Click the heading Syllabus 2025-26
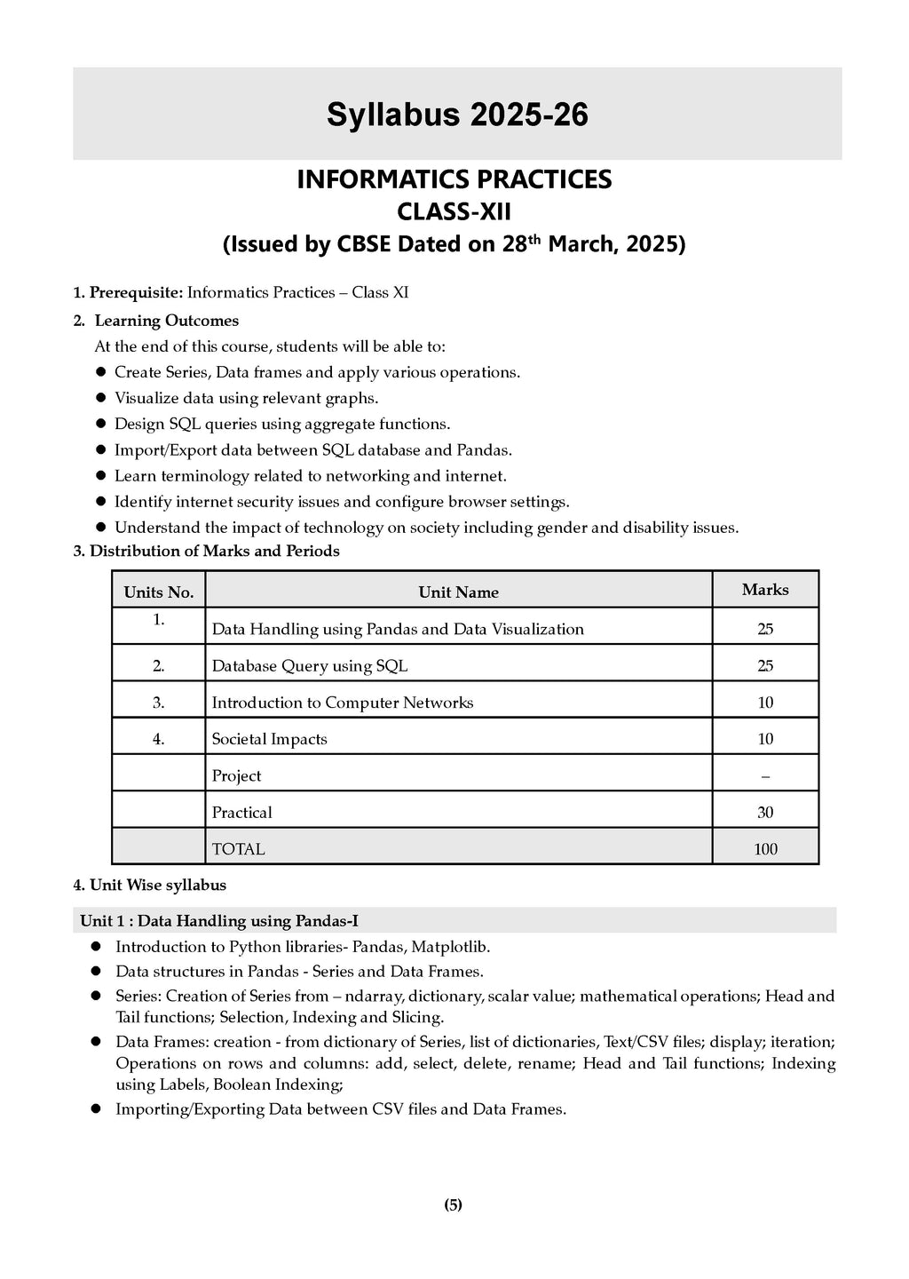[x=457, y=115]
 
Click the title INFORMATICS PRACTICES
[x=454, y=179]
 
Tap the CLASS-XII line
[x=454, y=212]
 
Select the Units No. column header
[x=158, y=592]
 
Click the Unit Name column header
[x=458, y=592]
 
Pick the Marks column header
[x=764, y=590]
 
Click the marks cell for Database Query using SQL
[x=764, y=666]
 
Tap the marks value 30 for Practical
[x=764, y=813]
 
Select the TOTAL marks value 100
[x=764, y=849]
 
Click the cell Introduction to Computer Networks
[x=342, y=703]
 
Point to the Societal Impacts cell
[x=269, y=739]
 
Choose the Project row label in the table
[x=236, y=776]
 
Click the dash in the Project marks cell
[x=764, y=776]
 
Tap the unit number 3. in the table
[x=158, y=703]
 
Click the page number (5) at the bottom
[x=453, y=1205]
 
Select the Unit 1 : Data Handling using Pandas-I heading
[x=218, y=921]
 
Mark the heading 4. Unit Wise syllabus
[x=149, y=885]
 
